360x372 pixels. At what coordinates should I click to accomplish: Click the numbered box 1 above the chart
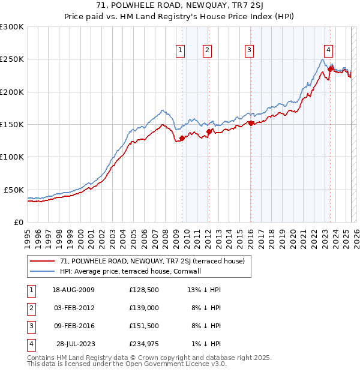[x=180, y=50]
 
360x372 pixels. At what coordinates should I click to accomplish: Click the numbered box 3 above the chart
[x=248, y=50]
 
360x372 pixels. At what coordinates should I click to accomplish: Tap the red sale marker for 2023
[x=331, y=69]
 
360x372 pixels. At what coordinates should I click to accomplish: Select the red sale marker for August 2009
[x=182, y=138]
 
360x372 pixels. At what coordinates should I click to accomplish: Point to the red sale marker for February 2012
[x=208, y=131]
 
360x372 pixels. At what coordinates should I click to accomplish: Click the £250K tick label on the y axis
[x=12, y=59]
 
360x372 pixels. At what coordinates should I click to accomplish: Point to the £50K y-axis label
[x=14, y=190]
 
